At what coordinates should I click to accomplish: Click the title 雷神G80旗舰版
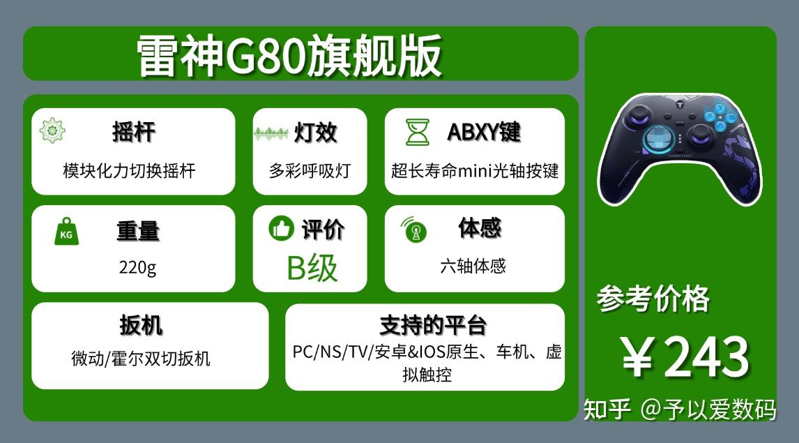pyautogui.click(x=289, y=55)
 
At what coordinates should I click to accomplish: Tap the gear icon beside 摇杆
pyautogui.click(x=52, y=130)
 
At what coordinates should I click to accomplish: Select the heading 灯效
pyautogui.click(x=315, y=133)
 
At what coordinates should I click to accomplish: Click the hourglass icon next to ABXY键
pyautogui.click(x=418, y=132)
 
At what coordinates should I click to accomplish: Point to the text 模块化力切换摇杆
pyautogui.click(x=130, y=170)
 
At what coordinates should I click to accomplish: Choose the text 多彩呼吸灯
pyautogui.click(x=310, y=170)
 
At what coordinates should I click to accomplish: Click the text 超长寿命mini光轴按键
pyautogui.click(x=475, y=170)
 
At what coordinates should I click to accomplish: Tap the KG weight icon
pyautogui.click(x=67, y=232)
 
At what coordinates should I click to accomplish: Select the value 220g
pyautogui.click(x=137, y=266)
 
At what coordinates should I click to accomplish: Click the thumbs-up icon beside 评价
pyautogui.click(x=281, y=227)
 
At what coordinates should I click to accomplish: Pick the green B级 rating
pyautogui.click(x=312, y=268)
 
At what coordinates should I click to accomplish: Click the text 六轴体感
pyautogui.click(x=473, y=266)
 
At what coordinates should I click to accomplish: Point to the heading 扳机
pyautogui.click(x=141, y=325)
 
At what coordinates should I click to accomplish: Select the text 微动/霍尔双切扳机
pyautogui.click(x=141, y=359)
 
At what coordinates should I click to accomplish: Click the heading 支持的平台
pyautogui.click(x=433, y=325)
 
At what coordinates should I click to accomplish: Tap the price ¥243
pyautogui.click(x=685, y=357)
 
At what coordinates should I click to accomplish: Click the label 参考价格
pyautogui.click(x=653, y=298)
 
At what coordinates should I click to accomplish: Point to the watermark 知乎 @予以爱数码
pyautogui.click(x=680, y=410)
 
